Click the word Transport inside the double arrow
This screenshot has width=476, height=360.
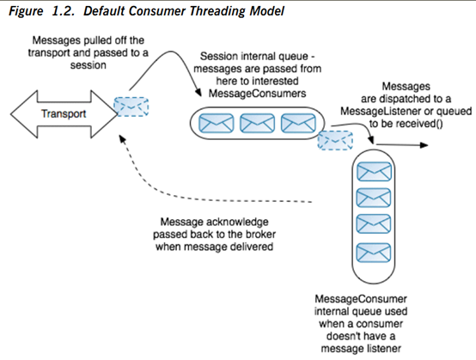coord(64,113)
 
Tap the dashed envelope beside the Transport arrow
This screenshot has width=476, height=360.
coord(131,107)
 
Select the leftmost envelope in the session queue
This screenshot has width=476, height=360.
coord(217,123)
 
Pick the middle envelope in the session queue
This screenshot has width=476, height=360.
coord(257,123)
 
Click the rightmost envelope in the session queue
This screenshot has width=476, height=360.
coord(298,123)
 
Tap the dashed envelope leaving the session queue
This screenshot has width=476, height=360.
coord(335,140)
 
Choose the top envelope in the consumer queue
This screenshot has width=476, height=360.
coord(374,172)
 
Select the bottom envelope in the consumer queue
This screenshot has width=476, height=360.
coord(374,253)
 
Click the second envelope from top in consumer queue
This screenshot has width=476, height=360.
coord(374,198)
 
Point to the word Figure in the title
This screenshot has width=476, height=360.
coord(26,11)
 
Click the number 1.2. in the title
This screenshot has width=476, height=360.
coord(63,11)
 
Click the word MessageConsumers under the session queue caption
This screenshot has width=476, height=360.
coord(258,93)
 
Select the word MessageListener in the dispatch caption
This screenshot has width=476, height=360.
coord(381,112)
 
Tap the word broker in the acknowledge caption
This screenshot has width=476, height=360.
coord(260,235)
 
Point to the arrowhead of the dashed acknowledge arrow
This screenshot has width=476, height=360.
coord(122,139)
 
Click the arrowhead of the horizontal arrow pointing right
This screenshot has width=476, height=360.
coord(424,145)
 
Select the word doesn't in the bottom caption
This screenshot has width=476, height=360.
coord(343,336)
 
